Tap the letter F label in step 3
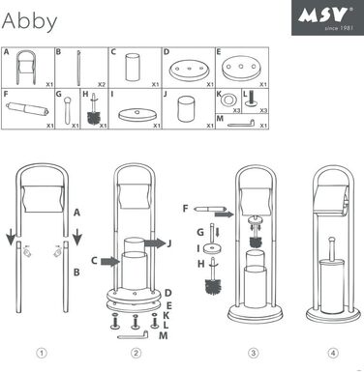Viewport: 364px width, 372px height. tap(185, 207)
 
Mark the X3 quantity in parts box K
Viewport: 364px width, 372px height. tap(236, 111)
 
